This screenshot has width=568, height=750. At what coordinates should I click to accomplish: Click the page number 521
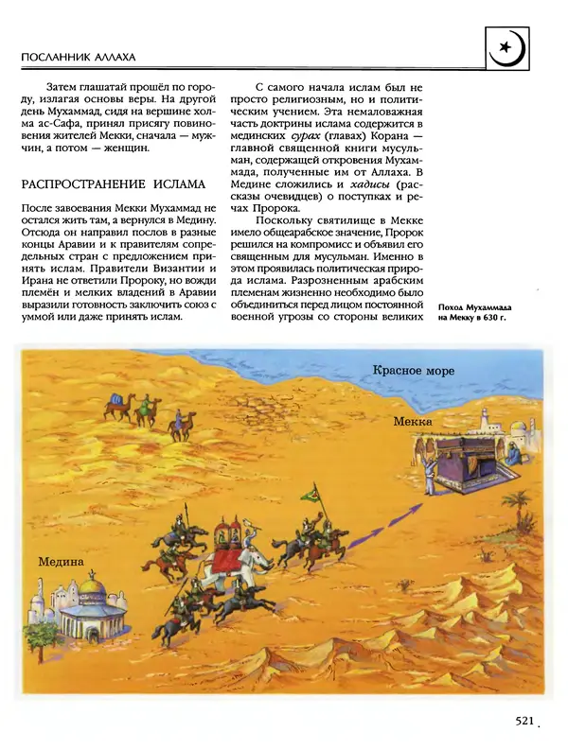(x=527, y=721)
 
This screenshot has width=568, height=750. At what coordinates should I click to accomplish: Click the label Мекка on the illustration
(x=413, y=421)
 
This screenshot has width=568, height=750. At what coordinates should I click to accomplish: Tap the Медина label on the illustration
(x=62, y=562)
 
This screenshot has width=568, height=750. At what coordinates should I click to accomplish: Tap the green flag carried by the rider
(x=310, y=494)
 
